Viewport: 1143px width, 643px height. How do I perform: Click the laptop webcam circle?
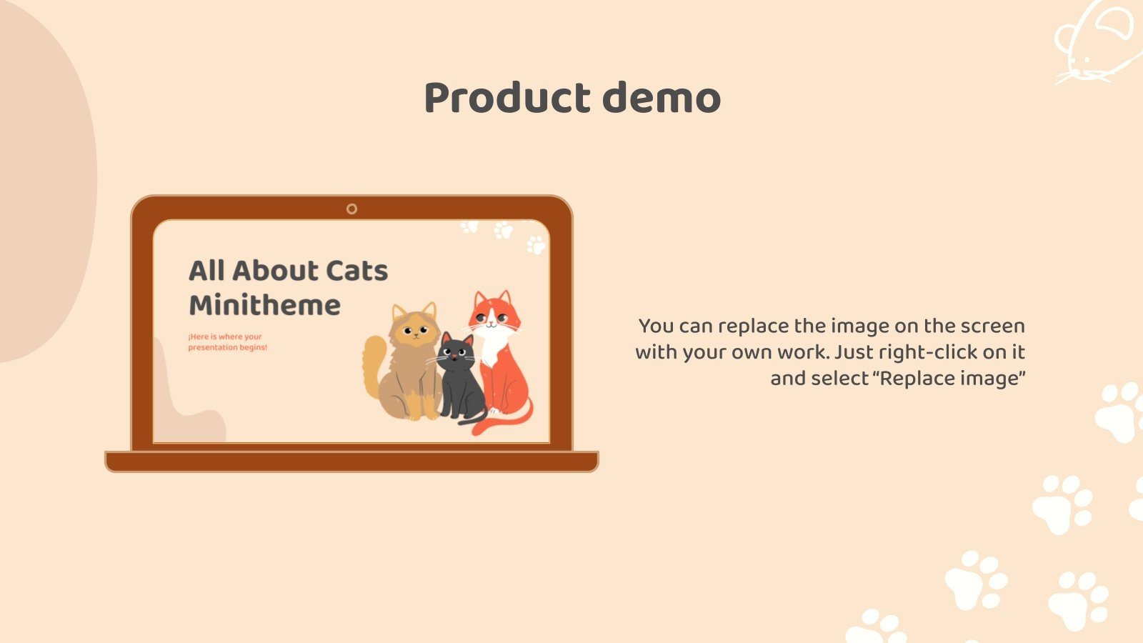[x=351, y=209]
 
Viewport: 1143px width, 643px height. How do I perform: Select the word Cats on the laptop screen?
[x=356, y=271]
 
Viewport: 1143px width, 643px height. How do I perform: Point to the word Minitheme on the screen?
[x=264, y=305]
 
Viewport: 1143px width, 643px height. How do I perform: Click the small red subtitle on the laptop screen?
[x=227, y=342]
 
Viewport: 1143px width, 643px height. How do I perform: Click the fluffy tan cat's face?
[x=415, y=329]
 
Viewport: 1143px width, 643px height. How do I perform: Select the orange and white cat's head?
[x=492, y=312]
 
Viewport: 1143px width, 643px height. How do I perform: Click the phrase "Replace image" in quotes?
[x=949, y=378]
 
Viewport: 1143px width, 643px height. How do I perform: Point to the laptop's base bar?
[x=351, y=462]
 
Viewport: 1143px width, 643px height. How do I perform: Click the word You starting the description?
[x=657, y=326]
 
